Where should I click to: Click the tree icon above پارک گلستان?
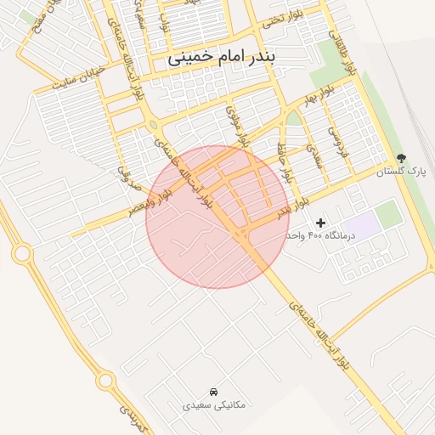coord(401,158)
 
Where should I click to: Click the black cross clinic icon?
coord(320,222)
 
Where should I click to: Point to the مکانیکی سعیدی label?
coord(214,404)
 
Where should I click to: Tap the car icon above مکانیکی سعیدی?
coord(212,391)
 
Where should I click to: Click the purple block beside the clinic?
coord(363,226)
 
